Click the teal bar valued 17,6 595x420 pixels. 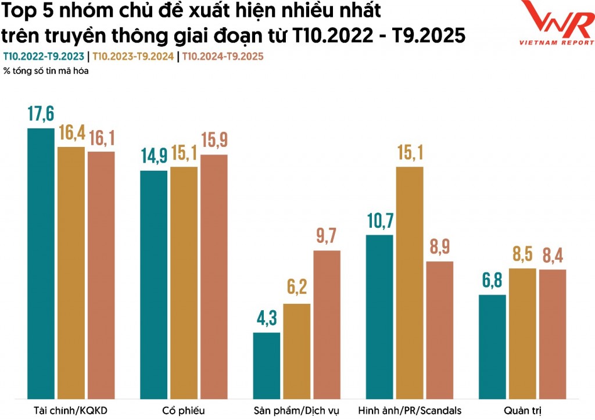pyautogui.click(x=41, y=264)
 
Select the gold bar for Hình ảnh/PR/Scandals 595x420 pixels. pyautogui.click(x=410, y=283)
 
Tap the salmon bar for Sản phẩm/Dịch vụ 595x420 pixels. pyautogui.click(x=327, y=325)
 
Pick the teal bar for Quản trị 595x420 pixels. pyautogui.click(x=492, y=347)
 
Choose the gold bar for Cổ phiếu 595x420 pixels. pyautogui.click(x=184, y=283)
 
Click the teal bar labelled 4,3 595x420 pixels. pyautogui.click(x=266, y=366)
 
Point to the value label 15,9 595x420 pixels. pyautogui.click(x=214, y=140)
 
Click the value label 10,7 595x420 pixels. pyautogui.click(x=380, y=221)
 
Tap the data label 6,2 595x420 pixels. pyautogui.click(x=297, y=287)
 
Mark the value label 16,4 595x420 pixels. pyautogui.click(x=71, y=132)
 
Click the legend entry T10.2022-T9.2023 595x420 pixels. pyautogui.click(x=44, y=56)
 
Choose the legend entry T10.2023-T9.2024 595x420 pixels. pyautogui.click(x=133, y=56)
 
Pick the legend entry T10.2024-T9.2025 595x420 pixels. pyautogui.click(x=223, y=56)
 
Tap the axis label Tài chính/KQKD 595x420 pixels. pyautogui.click(x=70, y=411)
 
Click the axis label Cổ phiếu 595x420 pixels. pyautogui.click(x=184, y=411)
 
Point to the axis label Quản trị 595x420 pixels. pyautogui.click(x=522, y=411)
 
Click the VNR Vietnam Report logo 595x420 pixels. pyautogui.click(x=556, y=23)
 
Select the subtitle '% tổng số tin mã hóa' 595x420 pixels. pyautogui.click(x=46, y=71)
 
